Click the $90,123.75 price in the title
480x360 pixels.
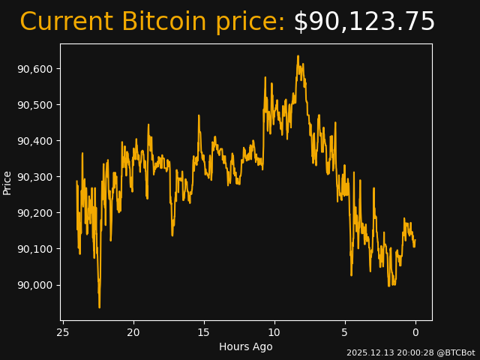pyautogui.click(x=364, y=22)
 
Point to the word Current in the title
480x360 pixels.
pyautogui.click(x=67, y=22)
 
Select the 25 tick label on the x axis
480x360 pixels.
pyautogui.click(x=63, y=333)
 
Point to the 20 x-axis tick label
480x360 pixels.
pyautogui.click(x=133, y=333)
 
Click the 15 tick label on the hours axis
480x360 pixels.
pyautogui.click(x=204, y=333)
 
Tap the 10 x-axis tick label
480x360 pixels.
pyautogui.click(x=274, y=333)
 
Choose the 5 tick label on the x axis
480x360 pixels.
pyautogui.click(x=345, y=333)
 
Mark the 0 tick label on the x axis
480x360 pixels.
pyautogui.click(x=415, y=333)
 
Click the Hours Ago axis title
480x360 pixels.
pyautogui.click(x=246, y=346)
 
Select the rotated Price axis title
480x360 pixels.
pyautogui.click(x=7, y=182)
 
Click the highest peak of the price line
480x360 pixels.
pyautogui.click(x=298, y=55)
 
